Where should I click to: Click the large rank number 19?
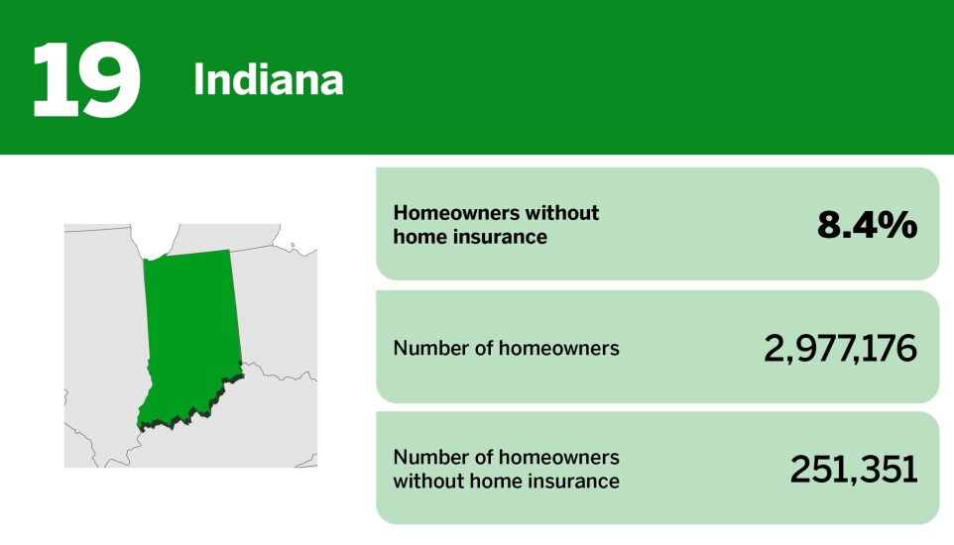[85, 79]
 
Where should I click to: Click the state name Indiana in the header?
[268, 80]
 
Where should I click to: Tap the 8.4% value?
[867, 225]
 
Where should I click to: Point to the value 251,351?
[853, 470]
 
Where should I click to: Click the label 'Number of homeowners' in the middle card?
[506, 348]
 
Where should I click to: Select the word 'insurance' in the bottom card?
[573, 482]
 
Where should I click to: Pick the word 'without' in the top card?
[563, 213]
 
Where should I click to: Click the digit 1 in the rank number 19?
[53, 79]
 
